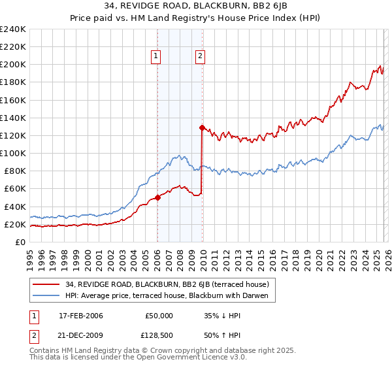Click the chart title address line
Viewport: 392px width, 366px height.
point(195,7)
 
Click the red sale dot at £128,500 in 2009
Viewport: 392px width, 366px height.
point(202,128)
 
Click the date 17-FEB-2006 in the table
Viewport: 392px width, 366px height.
point(77,315)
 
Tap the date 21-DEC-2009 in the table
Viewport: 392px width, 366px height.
point(77,337)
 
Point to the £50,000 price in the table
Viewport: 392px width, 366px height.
point(159,315)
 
